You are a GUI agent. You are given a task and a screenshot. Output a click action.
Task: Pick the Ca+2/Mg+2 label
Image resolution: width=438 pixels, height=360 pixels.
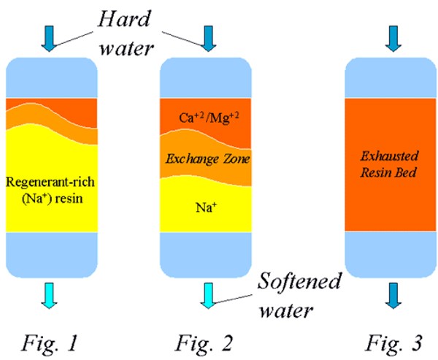click(207, 117)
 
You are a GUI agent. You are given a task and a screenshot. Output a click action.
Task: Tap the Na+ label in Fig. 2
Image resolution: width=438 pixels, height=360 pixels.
click(207, 207)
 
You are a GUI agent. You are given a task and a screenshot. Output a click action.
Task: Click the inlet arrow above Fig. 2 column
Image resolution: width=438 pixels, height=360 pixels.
click(207, 39)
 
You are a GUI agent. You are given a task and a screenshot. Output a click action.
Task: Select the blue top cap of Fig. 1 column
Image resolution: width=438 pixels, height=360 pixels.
click(50, 77)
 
